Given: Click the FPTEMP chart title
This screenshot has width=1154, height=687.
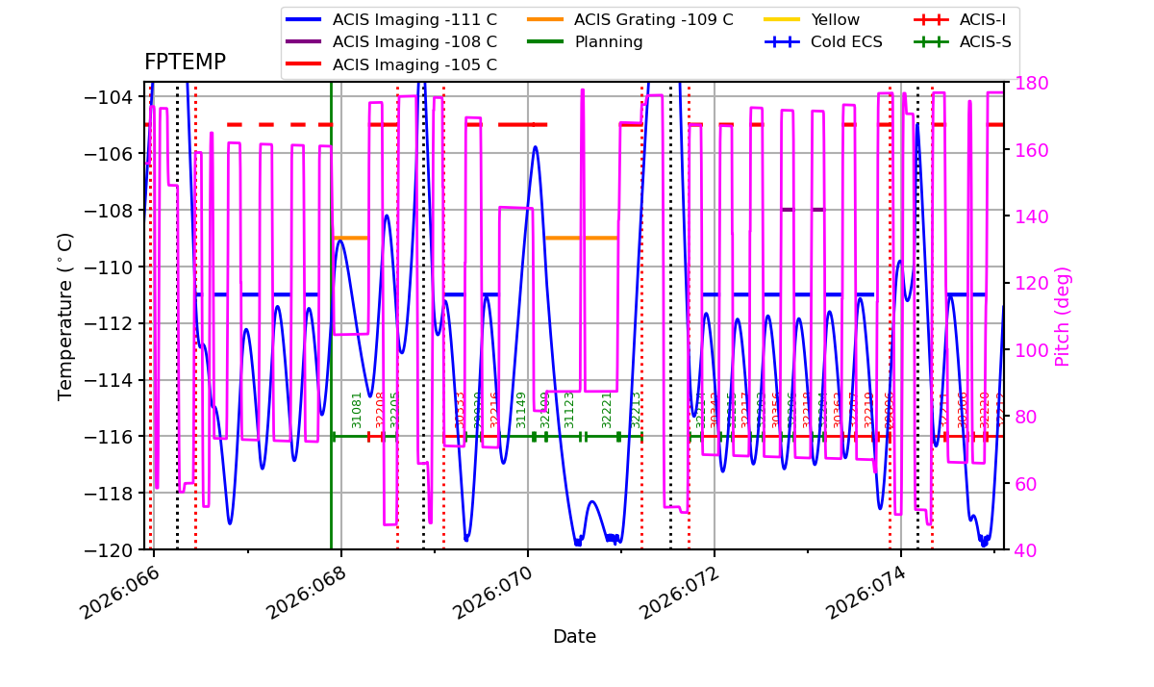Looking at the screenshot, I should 185,63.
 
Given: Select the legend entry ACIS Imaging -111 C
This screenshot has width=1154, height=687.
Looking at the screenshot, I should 414,20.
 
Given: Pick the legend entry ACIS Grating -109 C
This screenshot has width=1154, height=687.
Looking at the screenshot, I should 653,20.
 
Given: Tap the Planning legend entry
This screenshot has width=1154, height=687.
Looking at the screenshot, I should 608,42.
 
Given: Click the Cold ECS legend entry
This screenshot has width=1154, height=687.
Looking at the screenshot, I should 845,42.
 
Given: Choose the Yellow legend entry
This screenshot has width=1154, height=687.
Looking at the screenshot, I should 835,20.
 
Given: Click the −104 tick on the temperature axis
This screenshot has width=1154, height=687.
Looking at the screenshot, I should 113,97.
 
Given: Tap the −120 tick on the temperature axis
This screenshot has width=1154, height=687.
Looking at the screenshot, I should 113,550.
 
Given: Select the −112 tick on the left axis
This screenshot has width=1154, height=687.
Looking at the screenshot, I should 113,323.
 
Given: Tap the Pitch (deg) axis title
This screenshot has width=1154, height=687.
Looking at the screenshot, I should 1063,316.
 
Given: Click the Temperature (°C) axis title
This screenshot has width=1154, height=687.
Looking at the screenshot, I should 65,316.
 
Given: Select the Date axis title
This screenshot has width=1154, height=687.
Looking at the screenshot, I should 574,637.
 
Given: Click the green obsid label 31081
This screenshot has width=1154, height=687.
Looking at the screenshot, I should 357,409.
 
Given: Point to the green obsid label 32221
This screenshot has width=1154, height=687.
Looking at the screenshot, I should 607,409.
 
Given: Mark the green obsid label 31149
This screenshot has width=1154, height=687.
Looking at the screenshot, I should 521,409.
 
